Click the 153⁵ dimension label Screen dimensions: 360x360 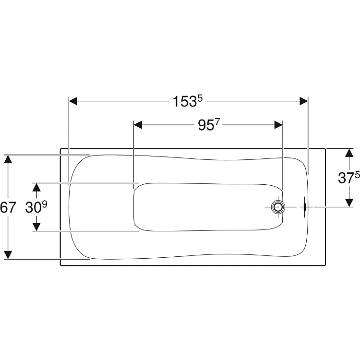188,101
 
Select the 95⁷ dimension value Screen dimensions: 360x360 209,125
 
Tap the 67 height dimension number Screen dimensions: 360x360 8,207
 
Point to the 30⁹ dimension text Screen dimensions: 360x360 36,207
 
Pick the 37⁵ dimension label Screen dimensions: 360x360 349,178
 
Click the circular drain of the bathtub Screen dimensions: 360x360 278,207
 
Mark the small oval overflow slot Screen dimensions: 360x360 305,207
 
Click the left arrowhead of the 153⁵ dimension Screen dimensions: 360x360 73,101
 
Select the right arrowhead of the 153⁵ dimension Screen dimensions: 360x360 304,101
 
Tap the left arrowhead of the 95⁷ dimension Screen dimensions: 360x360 138,125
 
